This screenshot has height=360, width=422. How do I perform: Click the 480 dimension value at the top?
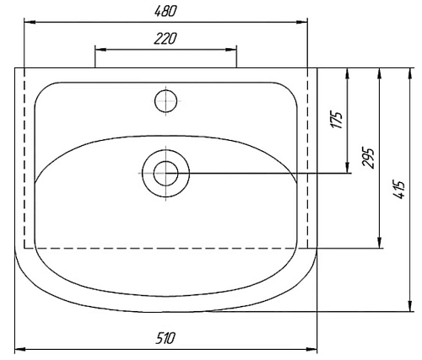pos(165,9)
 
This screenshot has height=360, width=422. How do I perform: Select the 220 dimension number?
pos(165,38)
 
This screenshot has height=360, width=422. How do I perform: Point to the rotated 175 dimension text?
pos(337,119)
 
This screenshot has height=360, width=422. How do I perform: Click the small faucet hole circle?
pos(166,100)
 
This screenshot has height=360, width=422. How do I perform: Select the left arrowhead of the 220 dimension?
pos(99,49)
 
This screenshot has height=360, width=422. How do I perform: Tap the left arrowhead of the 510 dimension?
pos(20,348)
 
